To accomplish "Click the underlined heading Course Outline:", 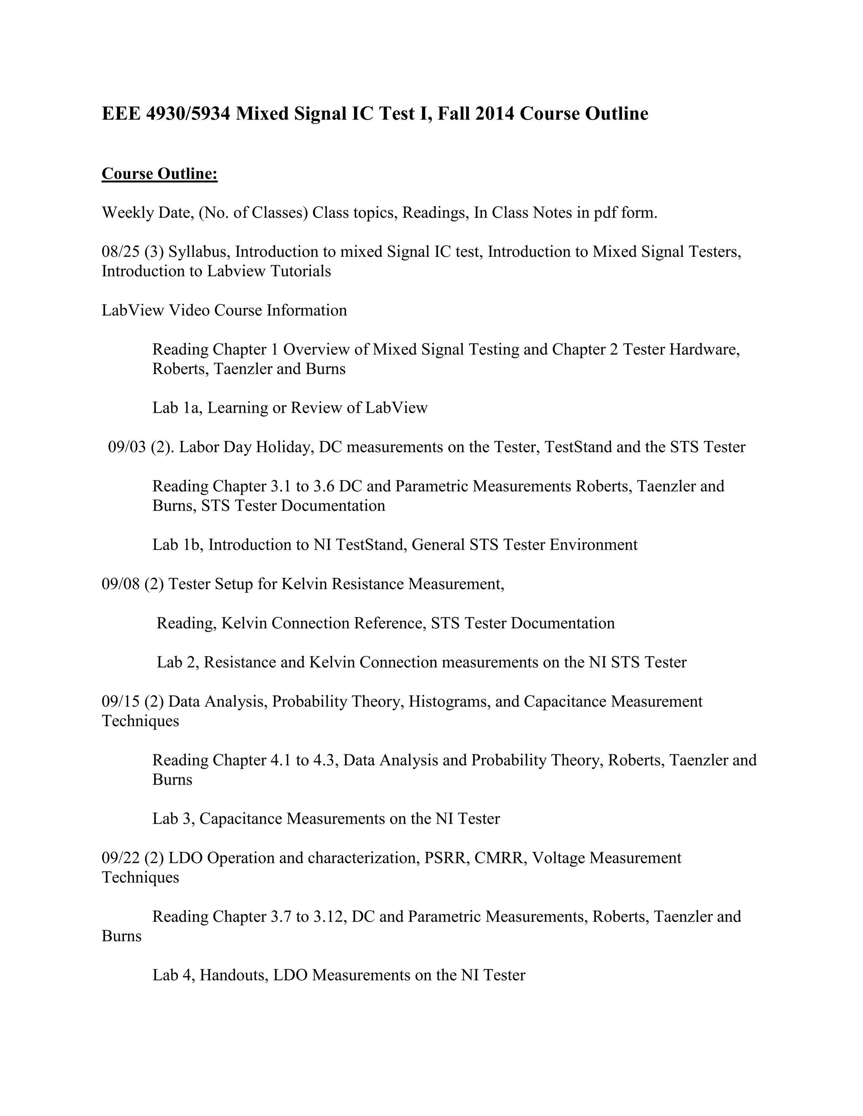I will [160, 174].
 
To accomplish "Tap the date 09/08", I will [121, 584].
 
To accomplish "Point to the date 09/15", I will [121, 702].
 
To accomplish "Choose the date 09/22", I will [121, 858].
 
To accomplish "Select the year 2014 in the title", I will [494, 113].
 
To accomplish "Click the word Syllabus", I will [199, 252].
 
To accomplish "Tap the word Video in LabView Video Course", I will [189, 310].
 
